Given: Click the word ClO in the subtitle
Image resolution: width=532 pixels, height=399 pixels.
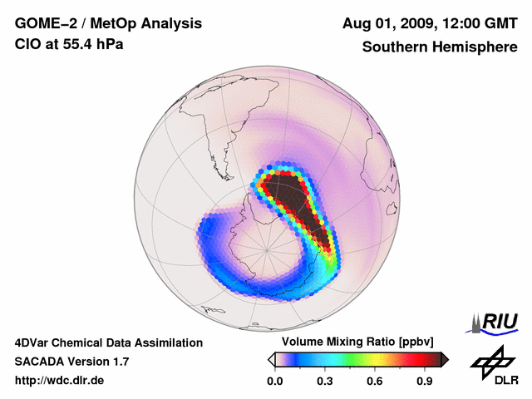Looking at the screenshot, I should click(x=26, y=44).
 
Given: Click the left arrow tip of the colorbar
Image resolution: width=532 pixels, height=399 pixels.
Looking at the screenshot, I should click(x=271, y=359).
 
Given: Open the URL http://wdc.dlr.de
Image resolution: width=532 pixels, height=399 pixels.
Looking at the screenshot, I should click(x=60, y=381).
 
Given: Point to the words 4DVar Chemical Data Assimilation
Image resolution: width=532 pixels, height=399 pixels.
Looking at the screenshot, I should click(x=108, y=342).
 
